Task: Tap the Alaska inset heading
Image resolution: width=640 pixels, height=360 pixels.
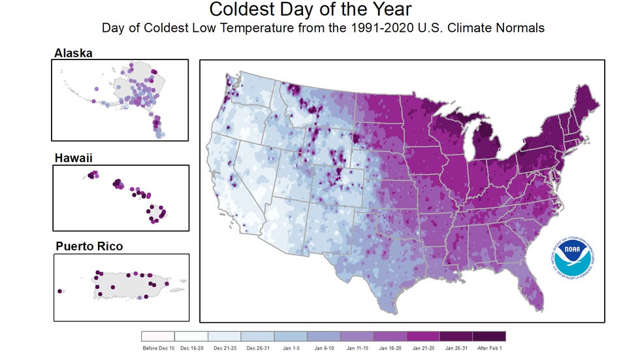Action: (x=73, y=52)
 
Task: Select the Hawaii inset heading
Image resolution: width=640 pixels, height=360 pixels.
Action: (x=72, y=157)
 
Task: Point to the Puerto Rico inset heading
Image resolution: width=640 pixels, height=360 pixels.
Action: (x=89, y=246)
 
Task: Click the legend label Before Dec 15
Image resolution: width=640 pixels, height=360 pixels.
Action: (x=157, y=348)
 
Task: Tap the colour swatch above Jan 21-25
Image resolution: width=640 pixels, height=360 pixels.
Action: (x=423, y=336)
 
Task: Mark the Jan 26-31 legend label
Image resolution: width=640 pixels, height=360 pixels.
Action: (x=456, y=348)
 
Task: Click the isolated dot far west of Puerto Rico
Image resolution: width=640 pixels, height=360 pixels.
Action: (x=60, y=291)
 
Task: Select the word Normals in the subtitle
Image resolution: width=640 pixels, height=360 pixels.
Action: (x=522, y=28)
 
